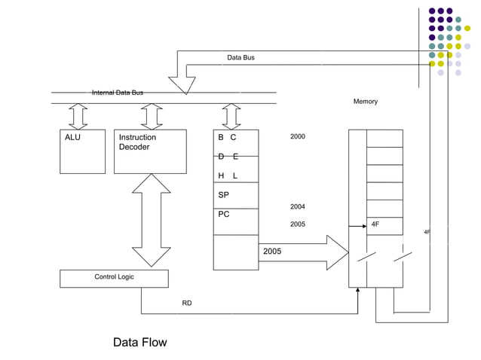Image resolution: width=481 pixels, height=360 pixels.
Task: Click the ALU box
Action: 82,151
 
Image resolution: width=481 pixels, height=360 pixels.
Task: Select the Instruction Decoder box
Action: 150,151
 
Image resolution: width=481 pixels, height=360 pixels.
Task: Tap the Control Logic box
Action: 114,278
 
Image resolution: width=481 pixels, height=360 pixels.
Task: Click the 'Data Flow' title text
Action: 139,342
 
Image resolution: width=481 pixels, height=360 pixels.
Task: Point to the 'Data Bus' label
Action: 240,57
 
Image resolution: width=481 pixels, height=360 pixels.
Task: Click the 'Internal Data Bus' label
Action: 118,93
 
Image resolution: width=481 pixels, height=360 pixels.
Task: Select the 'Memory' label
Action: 365,102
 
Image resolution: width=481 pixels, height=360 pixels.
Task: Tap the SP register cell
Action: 235,194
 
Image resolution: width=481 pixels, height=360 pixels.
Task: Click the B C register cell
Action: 235,139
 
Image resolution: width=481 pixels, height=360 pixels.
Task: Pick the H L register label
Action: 228,175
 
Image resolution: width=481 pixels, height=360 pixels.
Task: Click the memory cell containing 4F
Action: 384,225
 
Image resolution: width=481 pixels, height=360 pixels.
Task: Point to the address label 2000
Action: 298,136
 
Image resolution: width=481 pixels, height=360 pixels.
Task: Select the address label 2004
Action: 298,206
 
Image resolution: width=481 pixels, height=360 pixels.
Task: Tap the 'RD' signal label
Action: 186,303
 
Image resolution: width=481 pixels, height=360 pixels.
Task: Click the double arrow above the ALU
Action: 78,117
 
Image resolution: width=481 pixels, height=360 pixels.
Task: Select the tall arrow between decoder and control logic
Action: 152,220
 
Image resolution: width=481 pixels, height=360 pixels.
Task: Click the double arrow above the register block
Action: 231,117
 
